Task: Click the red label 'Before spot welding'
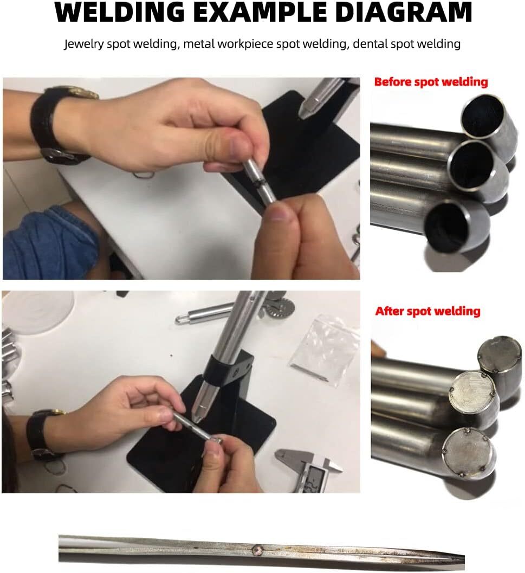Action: pyautogui.click(x=431, y=82)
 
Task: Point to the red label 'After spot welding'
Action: pyautogui.click(x=427, y=311)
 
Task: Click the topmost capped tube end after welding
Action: pyautogui.click(x=500, y=353)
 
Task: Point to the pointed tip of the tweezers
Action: pyautogui.click(x=463, y=558)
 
